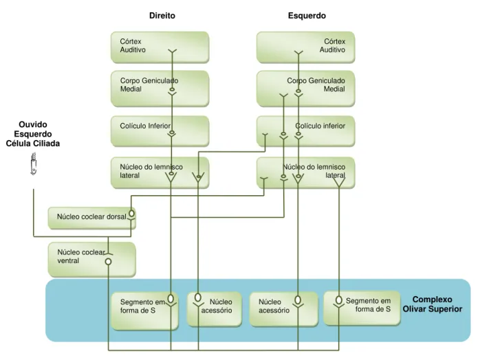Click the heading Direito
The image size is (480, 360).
pyautogui.click(x=162, y=16)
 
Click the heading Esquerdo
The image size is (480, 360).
pyautogui.click(x=307, y=16)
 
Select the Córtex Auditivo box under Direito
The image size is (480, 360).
pyautogui.click(x=160, y=47)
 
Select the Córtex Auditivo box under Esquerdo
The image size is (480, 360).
pyautogui.click(x=305, y=47)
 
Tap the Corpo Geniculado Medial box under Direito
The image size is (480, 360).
pyautogui.click(x=160, y=89)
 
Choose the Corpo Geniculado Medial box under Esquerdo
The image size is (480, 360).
pyautogui.click(x=305, y=89)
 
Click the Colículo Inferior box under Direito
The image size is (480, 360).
pyautogui.click(x=160, y=131)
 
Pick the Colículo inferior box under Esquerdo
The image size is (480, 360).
pyautogui.click(x=305, y=131)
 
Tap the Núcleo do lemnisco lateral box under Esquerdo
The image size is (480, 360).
pyautogui.click(x=305, y=172)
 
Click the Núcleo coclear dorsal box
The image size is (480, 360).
pyautogui.click(x=92, y=218)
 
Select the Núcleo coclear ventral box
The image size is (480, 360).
pyautogui.click(x=92, y=260)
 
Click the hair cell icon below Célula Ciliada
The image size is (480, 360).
pyautogui.click(x=34, y=164)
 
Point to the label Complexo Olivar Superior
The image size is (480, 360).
pyautogui.click(x=433, y=304)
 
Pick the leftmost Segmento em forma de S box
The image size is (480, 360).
pyautogui.click(x=144, y=311)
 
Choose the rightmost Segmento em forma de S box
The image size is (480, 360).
pyautogui.click(x=362, y=308)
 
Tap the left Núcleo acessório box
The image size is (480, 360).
pyautogui.click(x=215, y=309)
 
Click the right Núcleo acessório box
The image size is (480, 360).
pyautogui.click(x=284, y=309)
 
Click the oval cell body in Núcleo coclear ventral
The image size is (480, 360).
pyautogui.click(x=108, y=262)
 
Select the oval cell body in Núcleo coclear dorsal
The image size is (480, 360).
pyautogui.click(x=131, y=213)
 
